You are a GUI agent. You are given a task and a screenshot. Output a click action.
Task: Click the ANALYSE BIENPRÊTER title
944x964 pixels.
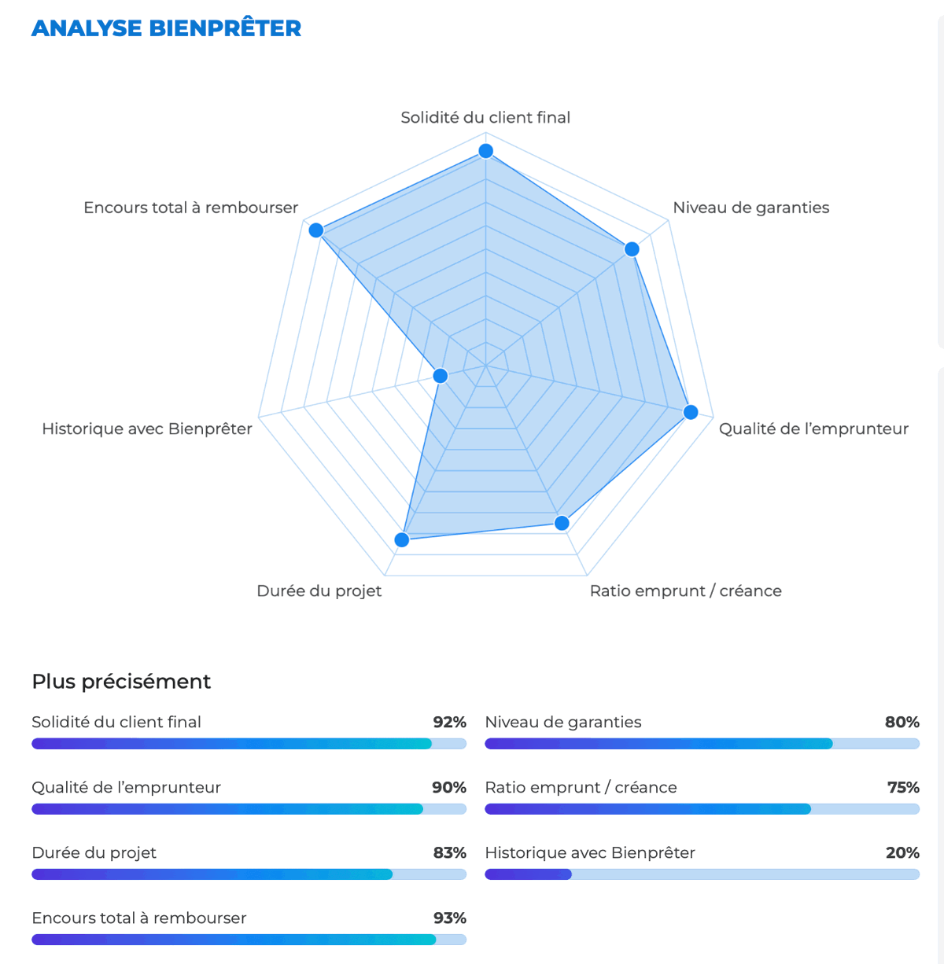(166, 28)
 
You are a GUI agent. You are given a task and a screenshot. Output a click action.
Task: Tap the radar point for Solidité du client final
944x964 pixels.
(486, 151)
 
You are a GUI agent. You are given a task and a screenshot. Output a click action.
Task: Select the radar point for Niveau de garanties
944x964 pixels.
(632, 249)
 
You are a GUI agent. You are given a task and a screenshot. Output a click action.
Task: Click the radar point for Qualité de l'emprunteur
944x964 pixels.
(691, 412)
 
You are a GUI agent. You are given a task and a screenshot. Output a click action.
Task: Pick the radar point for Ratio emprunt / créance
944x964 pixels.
(562, 523)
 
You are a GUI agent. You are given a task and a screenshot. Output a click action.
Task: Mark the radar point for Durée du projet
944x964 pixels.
(401, 539)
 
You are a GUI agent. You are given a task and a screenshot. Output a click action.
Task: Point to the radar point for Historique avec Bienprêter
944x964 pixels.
(441, 376)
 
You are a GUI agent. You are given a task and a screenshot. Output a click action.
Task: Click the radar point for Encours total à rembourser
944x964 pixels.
(316, 230)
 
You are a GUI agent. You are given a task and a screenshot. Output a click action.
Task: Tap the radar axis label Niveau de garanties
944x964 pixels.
(750, 208)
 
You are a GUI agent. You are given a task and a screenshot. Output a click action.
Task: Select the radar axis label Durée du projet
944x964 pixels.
(319, 591)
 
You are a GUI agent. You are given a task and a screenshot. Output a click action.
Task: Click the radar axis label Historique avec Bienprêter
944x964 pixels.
(147, 429)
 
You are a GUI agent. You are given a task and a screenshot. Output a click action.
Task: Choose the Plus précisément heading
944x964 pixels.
(121, 681)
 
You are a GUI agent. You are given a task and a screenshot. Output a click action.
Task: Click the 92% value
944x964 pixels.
(449, 722)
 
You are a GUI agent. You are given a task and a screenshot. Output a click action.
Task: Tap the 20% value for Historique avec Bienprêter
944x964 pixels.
(902, 852)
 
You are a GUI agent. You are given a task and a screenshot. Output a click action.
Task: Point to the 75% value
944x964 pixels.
(902, 787)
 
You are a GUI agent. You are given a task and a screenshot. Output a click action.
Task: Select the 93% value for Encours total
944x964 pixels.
(449, 918)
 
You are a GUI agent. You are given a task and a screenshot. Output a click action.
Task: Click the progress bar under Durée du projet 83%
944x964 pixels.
(249, 874)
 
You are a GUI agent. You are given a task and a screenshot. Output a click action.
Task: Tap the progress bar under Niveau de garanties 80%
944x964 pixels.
(702, 744)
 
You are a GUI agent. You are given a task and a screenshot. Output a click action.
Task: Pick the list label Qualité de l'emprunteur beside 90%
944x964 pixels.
(126, 787)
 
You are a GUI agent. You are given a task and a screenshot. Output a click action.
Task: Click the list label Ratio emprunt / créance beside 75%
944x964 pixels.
(581, 787)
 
